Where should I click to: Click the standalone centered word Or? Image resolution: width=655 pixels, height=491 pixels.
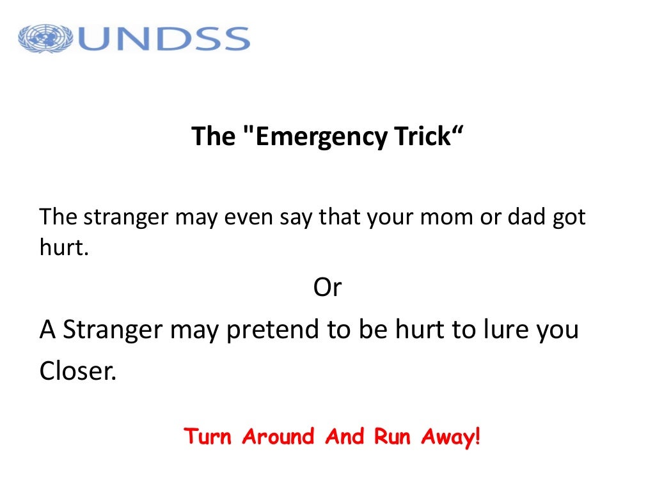point(327,288)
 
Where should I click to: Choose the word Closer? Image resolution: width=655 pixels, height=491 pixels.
point(78,371)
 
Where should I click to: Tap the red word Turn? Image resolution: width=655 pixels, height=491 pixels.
point(209,437)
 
